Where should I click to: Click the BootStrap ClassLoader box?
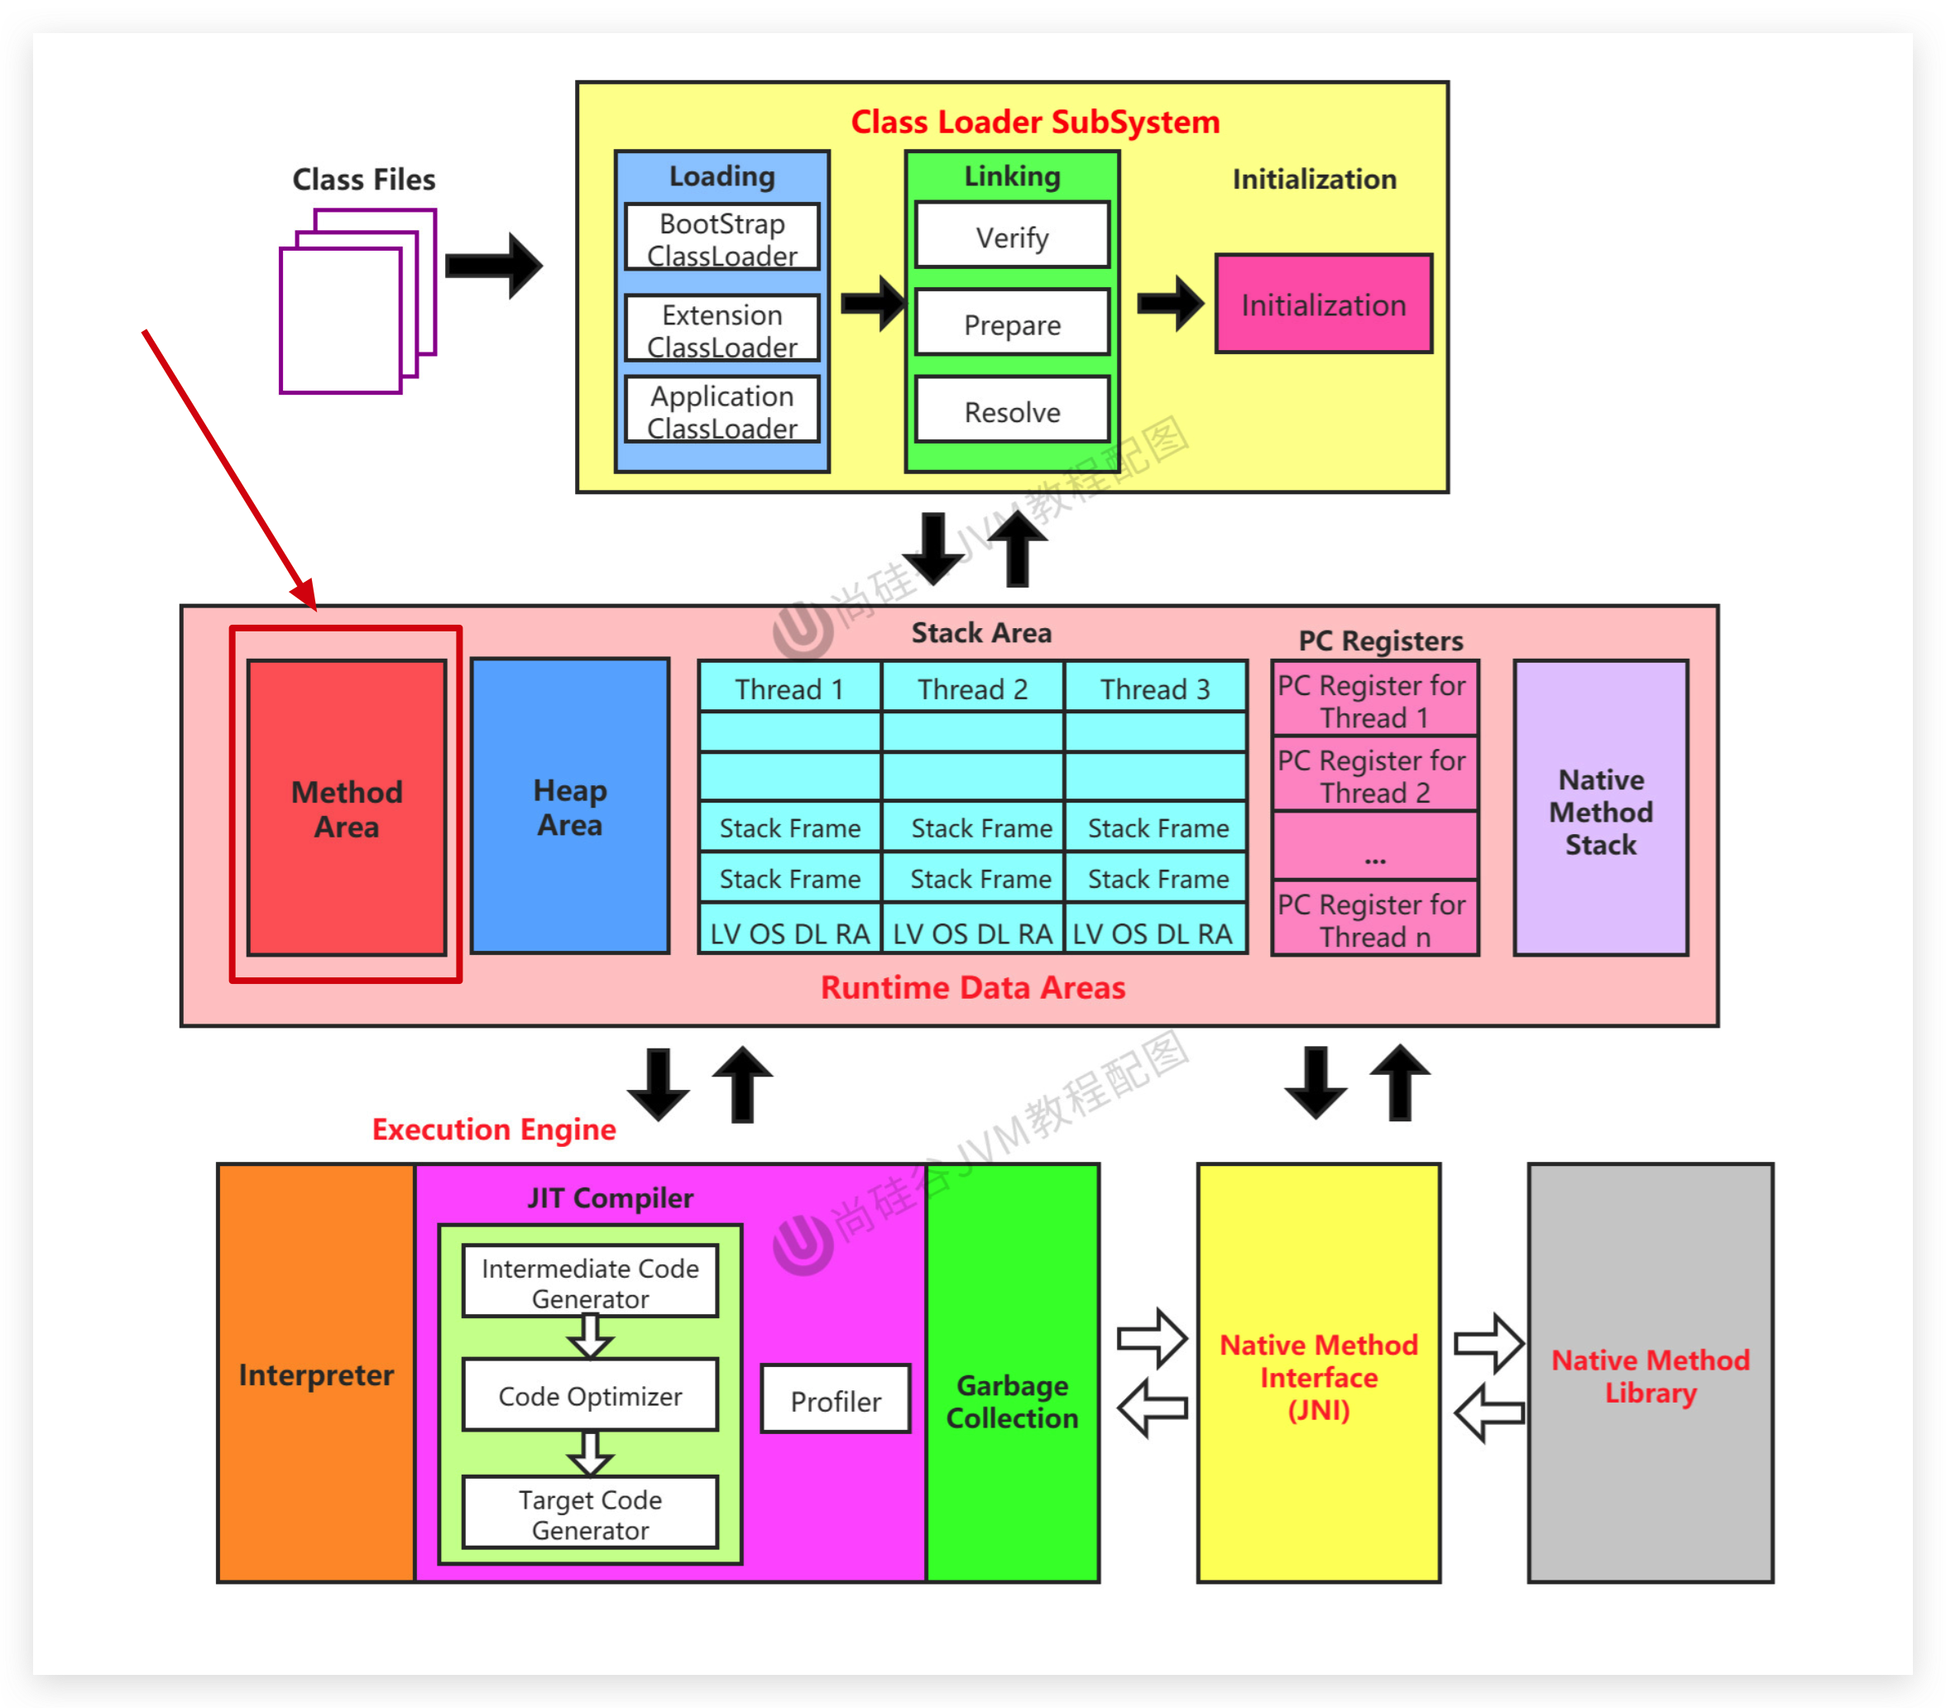click(721, 238)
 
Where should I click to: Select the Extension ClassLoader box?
click(721, 329)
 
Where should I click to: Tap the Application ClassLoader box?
click(721, 410)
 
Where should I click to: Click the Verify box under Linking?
click(1012, 236)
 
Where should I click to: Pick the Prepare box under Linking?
click(1012, 324)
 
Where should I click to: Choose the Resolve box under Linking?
click(1012, 411)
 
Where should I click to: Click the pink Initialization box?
click(1323, 305)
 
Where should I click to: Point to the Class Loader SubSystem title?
click(1035, 122)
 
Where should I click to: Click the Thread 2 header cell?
click(972, 688)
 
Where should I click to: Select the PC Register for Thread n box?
click(1375, 919)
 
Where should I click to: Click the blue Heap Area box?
click(570, 806)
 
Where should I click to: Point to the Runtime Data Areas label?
click(972, 987)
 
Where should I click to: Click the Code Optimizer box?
click(590, 1396)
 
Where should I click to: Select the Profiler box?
click(835, 1400)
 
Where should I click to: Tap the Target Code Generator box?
click(590, 1514)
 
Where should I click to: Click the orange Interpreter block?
click(316, 1374)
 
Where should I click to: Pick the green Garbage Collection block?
click(1012, 1399)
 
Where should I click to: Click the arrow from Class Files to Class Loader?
click(493, 266)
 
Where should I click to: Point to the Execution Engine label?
click(493, 1129)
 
